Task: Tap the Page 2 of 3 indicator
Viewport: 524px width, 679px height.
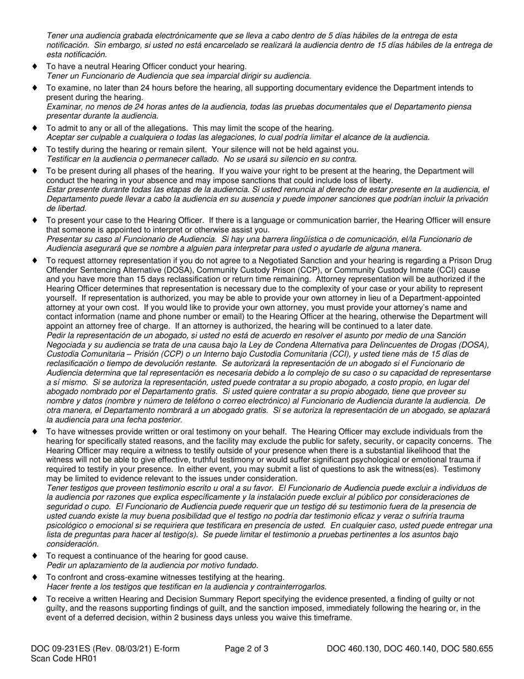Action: click(x=247, y=649)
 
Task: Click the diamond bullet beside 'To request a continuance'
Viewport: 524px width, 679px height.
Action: click(x=34, y=555)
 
